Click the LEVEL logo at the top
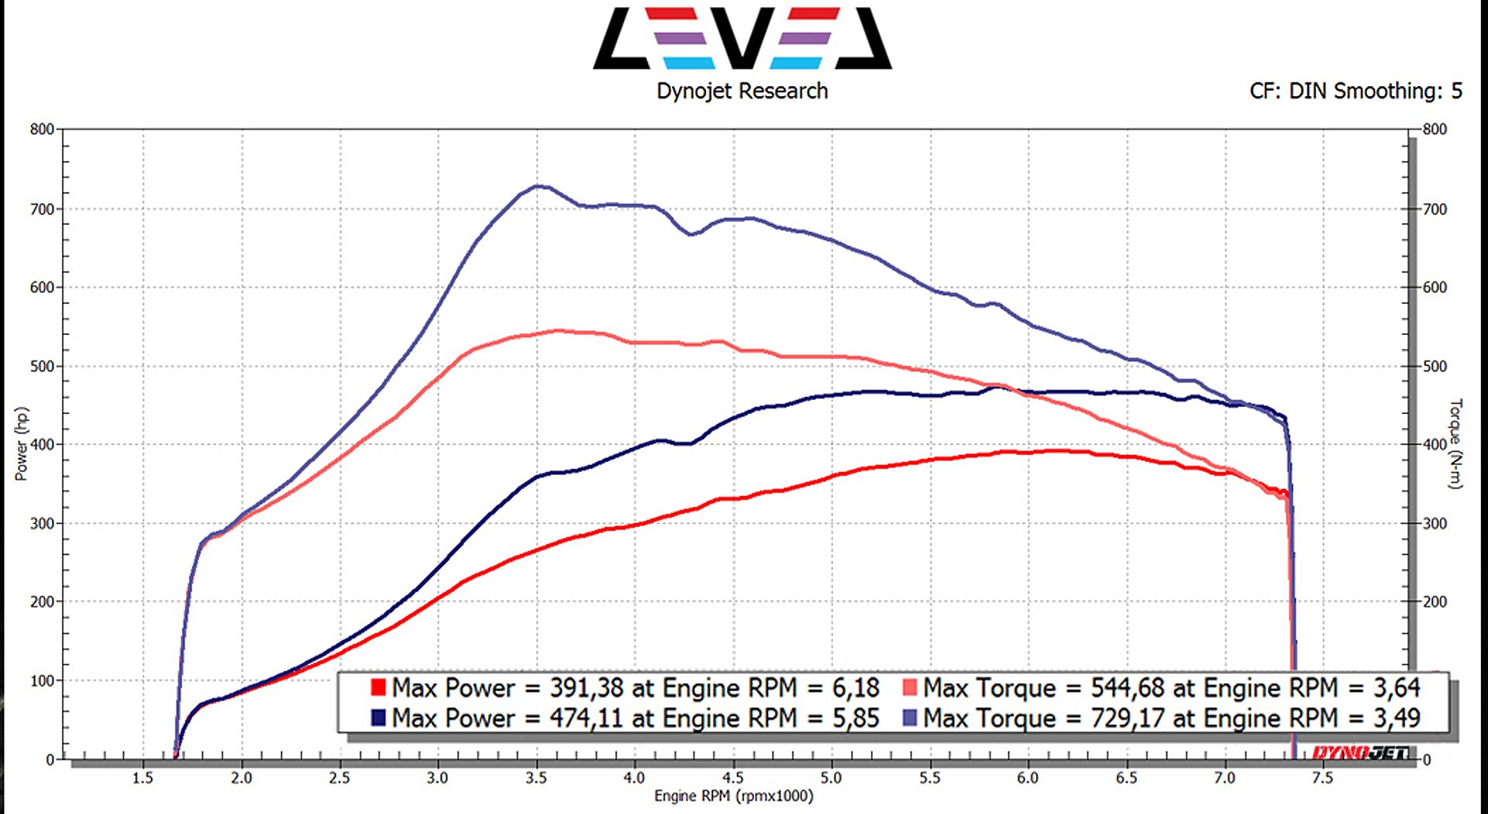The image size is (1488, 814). pyautogui.click(x=742, y=39)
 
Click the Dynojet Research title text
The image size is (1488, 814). pyautogui.click(x=742, y=91)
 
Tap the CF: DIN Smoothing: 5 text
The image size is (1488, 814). pyautogui.click(x=1355, y=91)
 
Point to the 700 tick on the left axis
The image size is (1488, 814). pyautogui.click(x=43, y=209)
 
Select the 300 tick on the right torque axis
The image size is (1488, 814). pyautogui.click(x=1435, y=524)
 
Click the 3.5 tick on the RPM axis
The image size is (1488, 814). pyautogui.click(x=536, y=778)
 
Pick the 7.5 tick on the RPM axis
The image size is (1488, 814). pyautogui.click(x=1323, y=778)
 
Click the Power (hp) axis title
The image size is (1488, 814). pyautogui.click(x=22, y=443)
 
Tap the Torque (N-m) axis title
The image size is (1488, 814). pyautogui.click(x=1455, y=443)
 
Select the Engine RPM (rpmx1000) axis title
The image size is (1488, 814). pyautogui.click(x=734, y=796)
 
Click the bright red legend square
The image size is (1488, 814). pyautogui.click(x=378, y=688)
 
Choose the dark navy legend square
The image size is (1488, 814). pyautogui.click(x=378, y=718)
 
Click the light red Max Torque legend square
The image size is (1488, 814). pyautogui.click(x=910, y=688)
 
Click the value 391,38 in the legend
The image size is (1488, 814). pyautogui.click(x=587, y=688)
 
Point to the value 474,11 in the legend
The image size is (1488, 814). pyautogui.click(x=587, y=719)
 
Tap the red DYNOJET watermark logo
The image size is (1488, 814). pyautogui.click(x=1360, y=753)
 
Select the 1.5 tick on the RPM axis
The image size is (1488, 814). pyautogui.click(x=143, y=778)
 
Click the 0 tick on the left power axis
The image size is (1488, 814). pyautogui.click(x=50, y=760)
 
